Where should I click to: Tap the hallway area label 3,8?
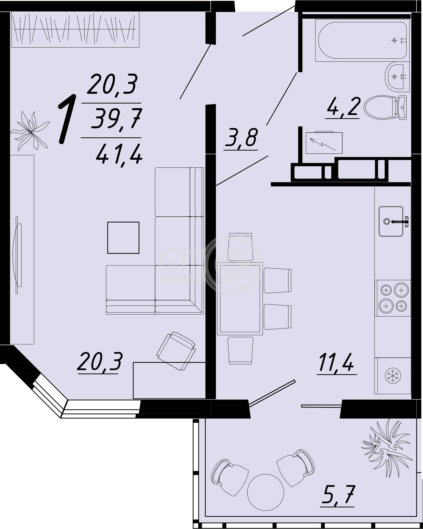click(x=241, y=137)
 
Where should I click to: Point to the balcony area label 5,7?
click(x=338, y=494)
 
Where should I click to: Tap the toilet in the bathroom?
click(x=385, y=108)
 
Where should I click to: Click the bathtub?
click(x=362, y=40)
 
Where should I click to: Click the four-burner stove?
click(x=393, y=298)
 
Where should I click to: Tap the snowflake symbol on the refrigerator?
click(x=393, y=376)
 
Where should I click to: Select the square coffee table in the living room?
click(x=123, y=238)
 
